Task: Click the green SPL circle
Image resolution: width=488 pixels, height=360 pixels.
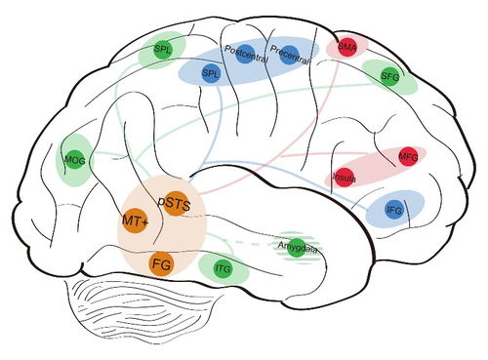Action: pyautogui.click(x=162, y=50)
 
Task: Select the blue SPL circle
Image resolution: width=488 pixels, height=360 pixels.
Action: pyautogui.click(x=211, y=73)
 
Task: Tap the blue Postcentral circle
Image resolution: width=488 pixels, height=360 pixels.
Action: pyautogui.click(x=245, y=54)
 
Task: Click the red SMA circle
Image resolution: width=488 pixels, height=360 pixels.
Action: pyautogui.click(x=347, y=47)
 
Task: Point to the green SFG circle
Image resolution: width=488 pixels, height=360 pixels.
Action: pyautogui.click(x=389, y=76)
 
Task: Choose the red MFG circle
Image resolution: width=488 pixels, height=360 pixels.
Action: pyautogui.click(x=408, y=157)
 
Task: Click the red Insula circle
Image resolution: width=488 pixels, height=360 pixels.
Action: pyautogui.click(x=345, y=178)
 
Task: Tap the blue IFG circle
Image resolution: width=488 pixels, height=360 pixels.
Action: pyautogui.click(x=394, y=210)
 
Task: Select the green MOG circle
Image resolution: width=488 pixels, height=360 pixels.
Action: pyautogui.click(x=75, y=160)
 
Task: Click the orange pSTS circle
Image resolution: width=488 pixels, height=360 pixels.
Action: pyautogui.click(x=175, y=204)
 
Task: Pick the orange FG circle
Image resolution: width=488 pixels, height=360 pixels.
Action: pyautogui.click(x=161, y=264)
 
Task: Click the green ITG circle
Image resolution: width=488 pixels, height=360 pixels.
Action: pyautogui.click(x=224, y=268)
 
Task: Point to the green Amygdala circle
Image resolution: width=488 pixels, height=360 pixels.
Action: pyautogui.click(x=297, y=248)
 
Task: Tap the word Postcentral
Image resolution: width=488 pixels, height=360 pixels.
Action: pyautogui.click(x=246, y=54)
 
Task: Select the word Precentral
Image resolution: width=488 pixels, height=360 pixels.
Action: pyautogui.click(x=289, y=56)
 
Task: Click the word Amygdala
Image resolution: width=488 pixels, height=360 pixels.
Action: pyautogui.click(x=298, y=247)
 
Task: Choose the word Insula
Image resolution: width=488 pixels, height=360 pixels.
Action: pyautogui.click(x=344, y=178)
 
